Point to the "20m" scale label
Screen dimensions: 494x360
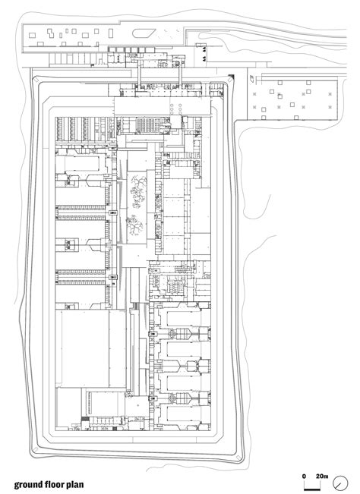click(x=322, y=476)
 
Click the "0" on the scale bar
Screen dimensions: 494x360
click(x=304, y=476)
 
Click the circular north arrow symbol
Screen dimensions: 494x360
click(x=346, y=481)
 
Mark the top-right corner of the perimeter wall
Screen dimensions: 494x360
click(x=235, y=75)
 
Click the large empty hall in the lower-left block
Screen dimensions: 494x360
click(x=84, y=349)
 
